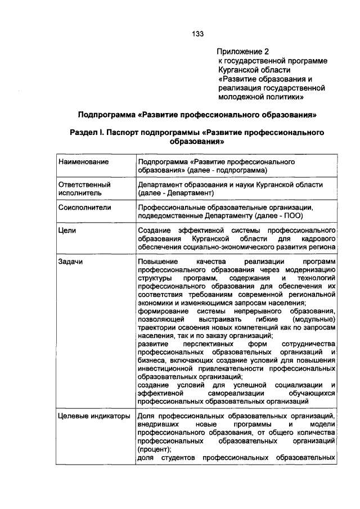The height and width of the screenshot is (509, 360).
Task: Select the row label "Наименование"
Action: click(x=83, y=162)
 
